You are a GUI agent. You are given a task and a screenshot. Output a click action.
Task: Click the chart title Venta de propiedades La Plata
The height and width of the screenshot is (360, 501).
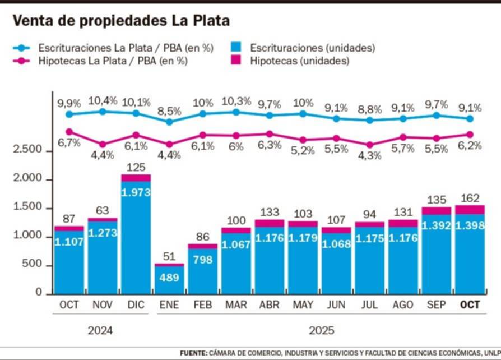click(121, 21)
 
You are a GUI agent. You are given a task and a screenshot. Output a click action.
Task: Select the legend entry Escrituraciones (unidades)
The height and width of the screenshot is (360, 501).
click(312, 48)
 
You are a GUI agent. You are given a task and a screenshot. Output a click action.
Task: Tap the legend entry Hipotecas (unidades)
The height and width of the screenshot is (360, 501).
click(300, 61)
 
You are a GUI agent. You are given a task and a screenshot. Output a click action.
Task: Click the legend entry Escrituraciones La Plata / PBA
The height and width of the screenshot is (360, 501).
click(126, 48)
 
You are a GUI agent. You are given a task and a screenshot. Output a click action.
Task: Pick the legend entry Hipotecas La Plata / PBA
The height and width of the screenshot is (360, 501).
click(112, 61)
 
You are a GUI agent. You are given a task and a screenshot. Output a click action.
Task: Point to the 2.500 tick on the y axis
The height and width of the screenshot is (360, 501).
click(27, 150)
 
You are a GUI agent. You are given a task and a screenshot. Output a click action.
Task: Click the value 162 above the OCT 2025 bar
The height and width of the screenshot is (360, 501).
click(469, 197)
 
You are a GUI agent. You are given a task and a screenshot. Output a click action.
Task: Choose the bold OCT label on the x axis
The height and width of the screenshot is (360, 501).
click(469, 305)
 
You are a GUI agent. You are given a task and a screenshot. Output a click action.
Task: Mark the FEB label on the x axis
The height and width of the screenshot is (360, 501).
click(202, 305)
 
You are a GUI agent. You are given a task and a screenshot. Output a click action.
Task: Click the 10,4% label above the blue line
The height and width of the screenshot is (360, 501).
click(103, 101)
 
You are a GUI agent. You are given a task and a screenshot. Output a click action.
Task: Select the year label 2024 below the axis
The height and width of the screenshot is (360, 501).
click(100, 330)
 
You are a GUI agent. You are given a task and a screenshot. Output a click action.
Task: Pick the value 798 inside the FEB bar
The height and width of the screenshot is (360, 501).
click(202, 259)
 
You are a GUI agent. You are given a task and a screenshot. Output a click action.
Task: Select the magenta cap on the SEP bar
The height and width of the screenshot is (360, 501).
click(436, 211)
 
